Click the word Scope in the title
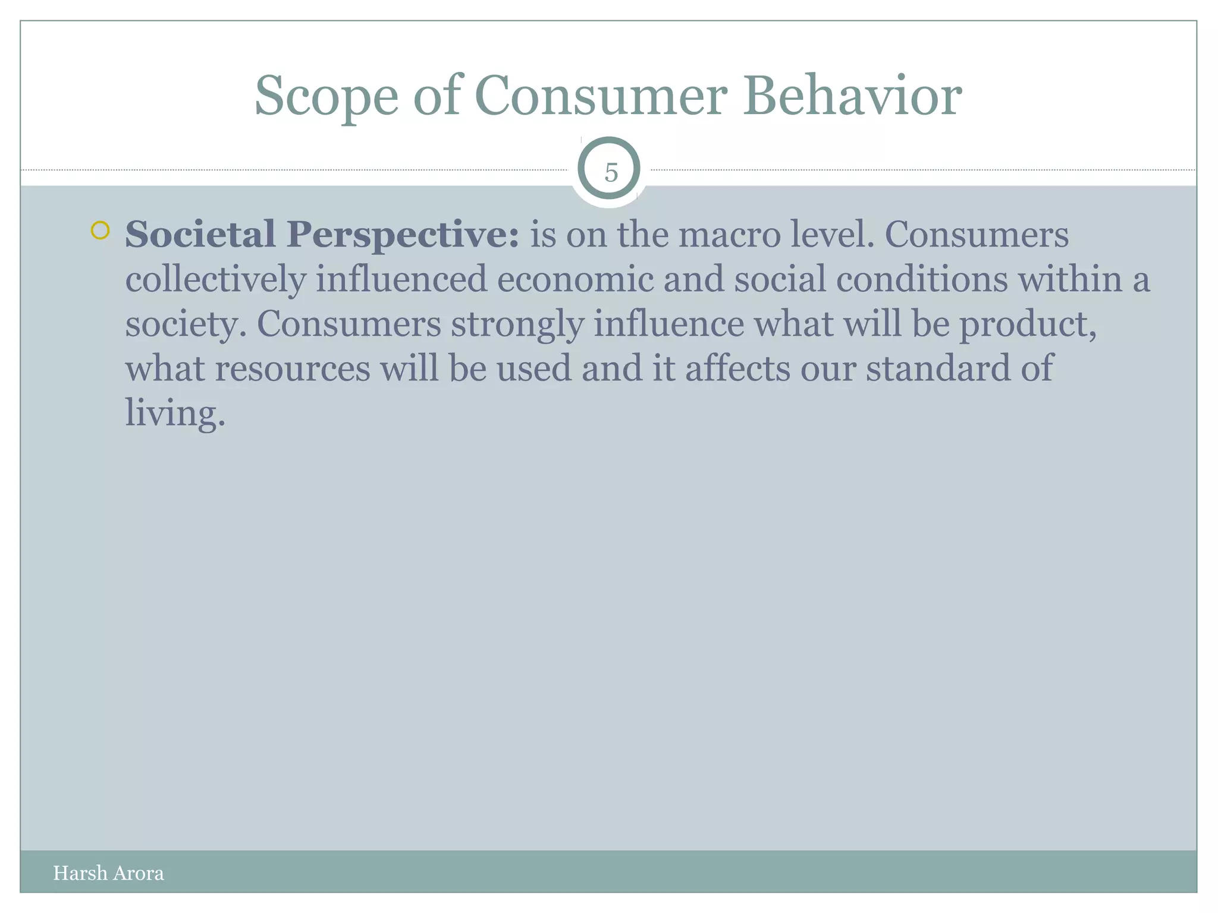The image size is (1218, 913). pyautogui.click(x=326, y=97)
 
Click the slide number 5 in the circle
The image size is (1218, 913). pyautogui.click(x=611, y=173)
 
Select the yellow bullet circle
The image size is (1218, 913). pyautogui.click(x=101, y=231)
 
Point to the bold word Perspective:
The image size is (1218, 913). pyautogui.click(x=403, y=235)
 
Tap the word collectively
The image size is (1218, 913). pyautogui.click(x=215, y=279)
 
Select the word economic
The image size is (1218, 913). pyautogui.click(x=575, y=279)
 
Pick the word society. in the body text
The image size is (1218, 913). pyautogui.click(x=186, y=325)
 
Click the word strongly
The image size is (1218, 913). pyautogui.click(x=517, y=325)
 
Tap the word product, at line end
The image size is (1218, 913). pyautogui.click(x=1028, y=325)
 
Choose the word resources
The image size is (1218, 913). pyautogui.click(x=293, y=369)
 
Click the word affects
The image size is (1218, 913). pyautogui.click(x=737, y=369)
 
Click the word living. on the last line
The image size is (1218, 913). pyautogui.click(x=175, y=413)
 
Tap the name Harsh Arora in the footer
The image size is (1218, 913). pyautogui.click(x=108, y=873)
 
